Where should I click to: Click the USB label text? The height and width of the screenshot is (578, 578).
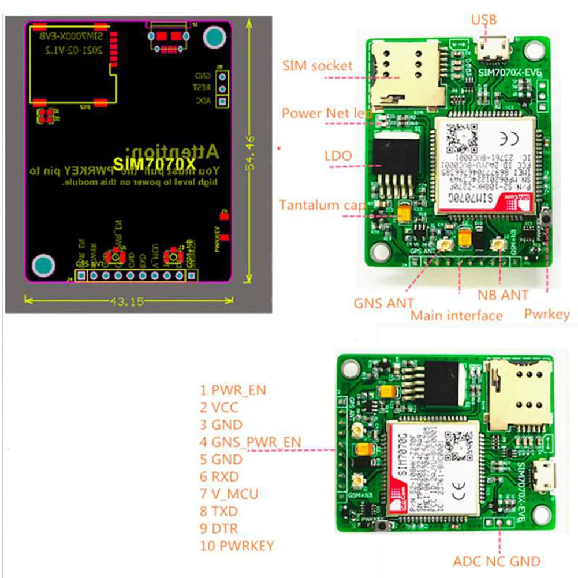483,20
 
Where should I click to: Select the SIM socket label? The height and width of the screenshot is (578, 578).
317,65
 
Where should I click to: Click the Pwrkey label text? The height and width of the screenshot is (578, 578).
546,314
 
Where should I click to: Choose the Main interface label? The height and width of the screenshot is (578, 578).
456,315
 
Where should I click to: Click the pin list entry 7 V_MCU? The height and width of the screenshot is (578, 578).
229,494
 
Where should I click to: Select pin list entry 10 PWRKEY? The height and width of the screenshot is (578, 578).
237,546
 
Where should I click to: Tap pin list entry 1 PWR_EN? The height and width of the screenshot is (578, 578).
233,390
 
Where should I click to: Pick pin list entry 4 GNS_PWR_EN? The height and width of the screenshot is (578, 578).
250,442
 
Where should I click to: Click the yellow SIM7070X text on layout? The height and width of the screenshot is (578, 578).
146,164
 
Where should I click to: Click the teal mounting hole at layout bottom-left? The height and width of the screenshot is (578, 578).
44,265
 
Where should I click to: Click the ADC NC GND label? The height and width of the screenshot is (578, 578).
496,561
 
